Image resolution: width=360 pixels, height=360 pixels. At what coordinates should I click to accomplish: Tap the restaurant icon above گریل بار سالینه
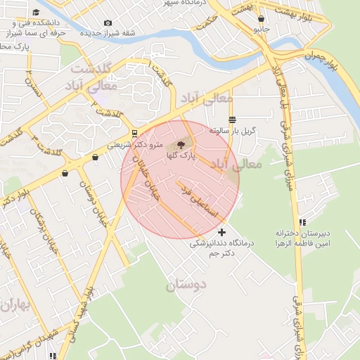pos(232,120)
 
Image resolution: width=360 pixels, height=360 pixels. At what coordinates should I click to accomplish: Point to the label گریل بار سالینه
pos(233,131)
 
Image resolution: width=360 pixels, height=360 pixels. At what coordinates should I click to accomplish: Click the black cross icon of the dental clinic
pos(222,232)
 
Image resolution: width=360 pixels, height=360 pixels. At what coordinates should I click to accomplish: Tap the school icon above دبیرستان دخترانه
pos(302,221)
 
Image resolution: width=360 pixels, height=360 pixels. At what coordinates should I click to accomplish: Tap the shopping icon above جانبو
pos(262,19)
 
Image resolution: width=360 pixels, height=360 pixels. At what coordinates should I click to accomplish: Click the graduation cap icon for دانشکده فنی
pos(36,13)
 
